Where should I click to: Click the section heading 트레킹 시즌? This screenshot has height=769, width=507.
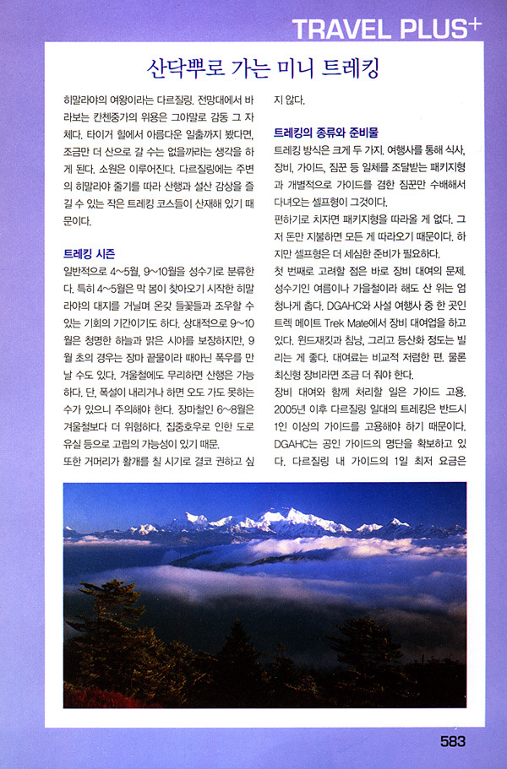(x=90, y=253)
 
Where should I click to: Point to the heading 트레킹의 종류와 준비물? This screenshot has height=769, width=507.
(x=326, y=133)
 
